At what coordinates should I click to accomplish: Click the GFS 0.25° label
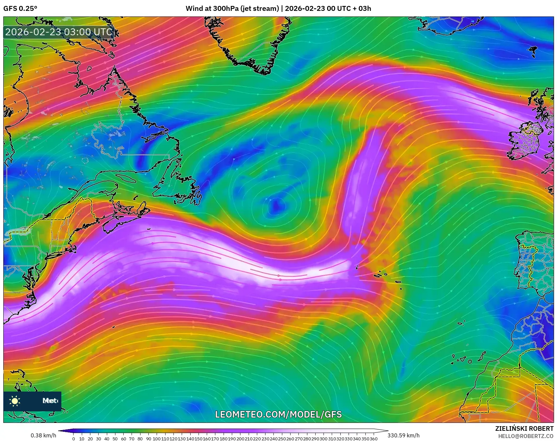[x=20, y=9]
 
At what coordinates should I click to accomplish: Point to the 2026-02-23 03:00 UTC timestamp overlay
[x=59, y=32]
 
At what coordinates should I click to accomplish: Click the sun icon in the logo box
[x=15, y=401]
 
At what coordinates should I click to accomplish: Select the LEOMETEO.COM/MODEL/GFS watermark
[x=278, y=414]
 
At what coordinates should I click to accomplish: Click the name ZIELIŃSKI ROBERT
[x=524, y=428]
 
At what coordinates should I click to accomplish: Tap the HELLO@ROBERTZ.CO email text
[x=526, y=436]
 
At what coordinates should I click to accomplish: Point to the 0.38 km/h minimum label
[x=44, y=435]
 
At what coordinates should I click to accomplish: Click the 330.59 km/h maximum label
[x=403, y=435]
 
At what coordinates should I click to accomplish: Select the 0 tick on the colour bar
[x=74, y=438]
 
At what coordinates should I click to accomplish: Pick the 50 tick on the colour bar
[x=115, y=438]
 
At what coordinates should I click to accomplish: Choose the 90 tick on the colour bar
[x=148, y=438]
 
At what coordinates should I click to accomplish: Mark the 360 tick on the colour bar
[x=374, y=438]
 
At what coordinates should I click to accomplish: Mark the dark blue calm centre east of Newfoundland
[x=274, y=206]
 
